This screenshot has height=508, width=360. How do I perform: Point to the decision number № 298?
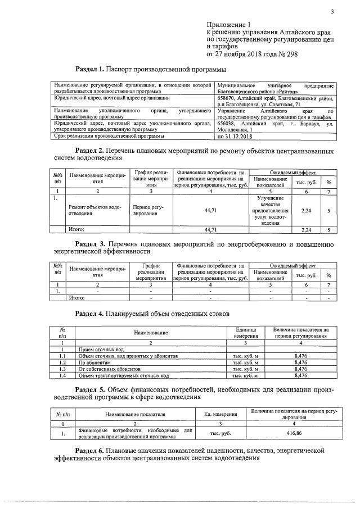click(285, 55)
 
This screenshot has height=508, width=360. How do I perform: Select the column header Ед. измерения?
click(221, 414)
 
